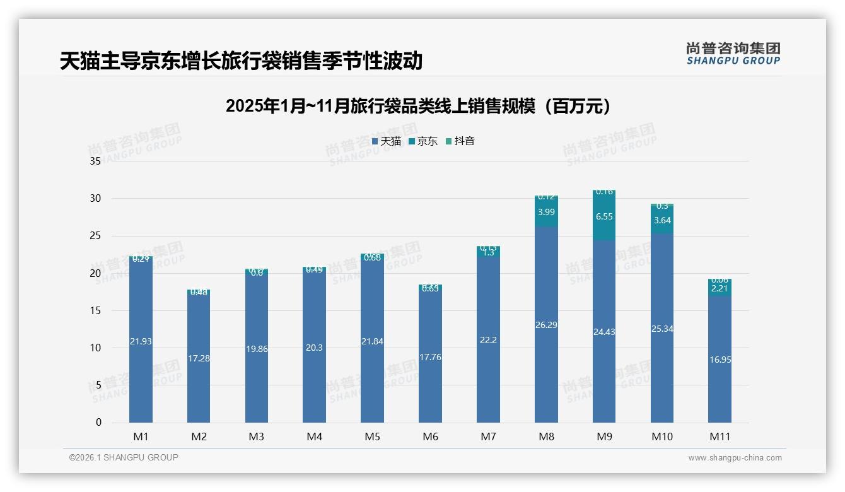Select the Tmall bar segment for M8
(x=546, y=325)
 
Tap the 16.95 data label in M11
(x=720, y=360)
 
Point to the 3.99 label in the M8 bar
(x=546, y=212)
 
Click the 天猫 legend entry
(x=386, y=141)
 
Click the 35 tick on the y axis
(x=95, y=161)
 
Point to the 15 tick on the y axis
(x=95, y=310)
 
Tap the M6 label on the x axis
(x=431, y=436)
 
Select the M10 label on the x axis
(x=662, y=436)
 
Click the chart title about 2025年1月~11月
(x=419, y=106)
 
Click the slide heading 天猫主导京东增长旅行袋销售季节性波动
(x=241, y=61)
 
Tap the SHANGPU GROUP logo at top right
(x=733, y=54)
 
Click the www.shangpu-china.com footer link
(x=735, y=458)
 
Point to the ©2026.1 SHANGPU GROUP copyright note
(x=124, y=457)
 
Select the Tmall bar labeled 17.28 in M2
(x=199, y=358)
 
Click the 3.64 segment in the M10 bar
(x=662, y=220)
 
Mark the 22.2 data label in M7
(x=488, y=340)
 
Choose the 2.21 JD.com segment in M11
(x=720, y=289)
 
